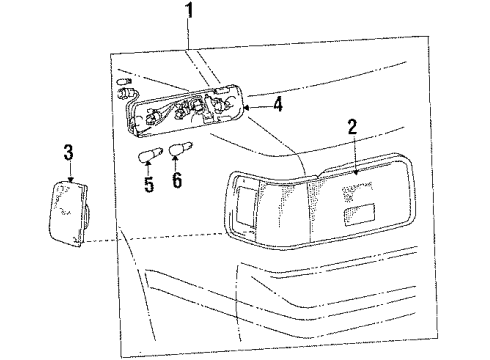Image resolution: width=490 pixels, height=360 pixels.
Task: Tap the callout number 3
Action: pyautogui.click(x=68, y=152)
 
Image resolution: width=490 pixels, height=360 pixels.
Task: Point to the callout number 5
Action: pyautogui.click(x=150, y=185)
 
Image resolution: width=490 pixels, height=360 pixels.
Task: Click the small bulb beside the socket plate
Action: pyautogui.click(x=123, y=79)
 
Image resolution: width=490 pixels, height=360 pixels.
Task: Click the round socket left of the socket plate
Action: pyautogui.click(x=126, y=95)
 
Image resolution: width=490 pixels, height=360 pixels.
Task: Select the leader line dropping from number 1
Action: pyautogui.click(x=187, y=40)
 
